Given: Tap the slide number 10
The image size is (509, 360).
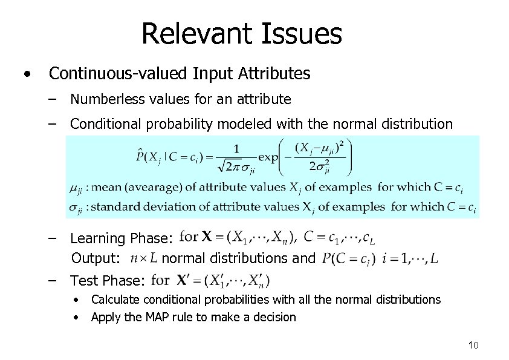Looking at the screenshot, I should tap(473, 345).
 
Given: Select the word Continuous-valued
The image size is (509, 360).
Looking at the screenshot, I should tap(118, 74).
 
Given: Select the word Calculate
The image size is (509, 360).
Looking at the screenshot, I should tap(114, 299).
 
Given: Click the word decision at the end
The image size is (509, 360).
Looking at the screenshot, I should tap(275, 316).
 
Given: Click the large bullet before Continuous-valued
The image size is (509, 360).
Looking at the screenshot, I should tap(27, 74).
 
